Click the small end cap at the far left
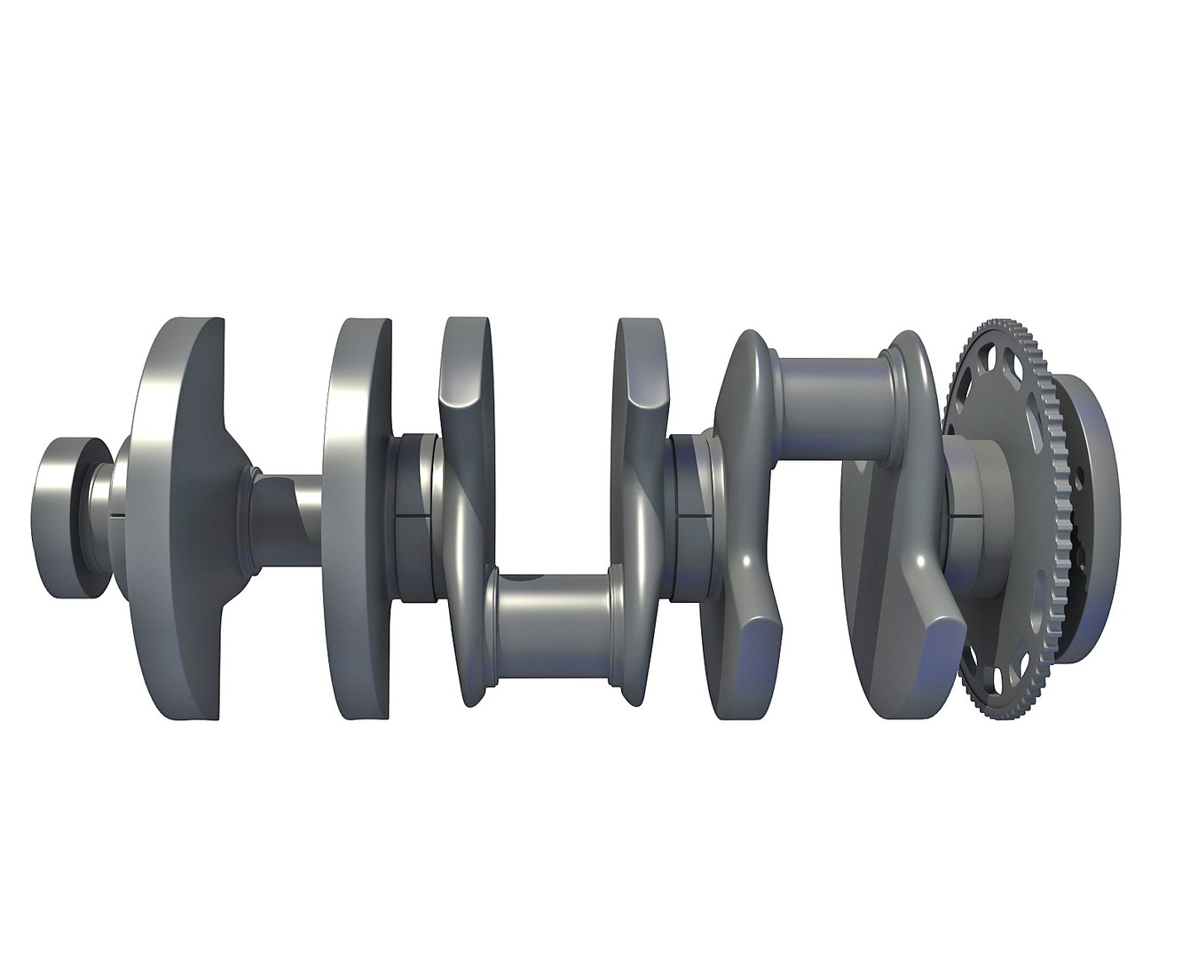[x=67, y=518]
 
